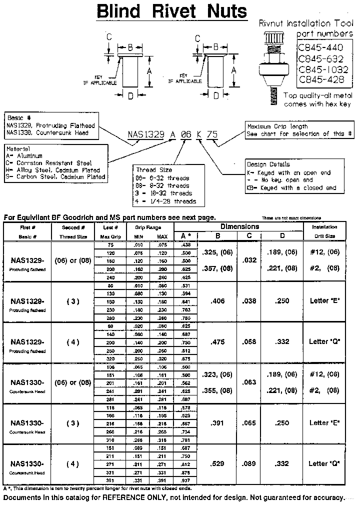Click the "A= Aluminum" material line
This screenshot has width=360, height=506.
tap(25, 156)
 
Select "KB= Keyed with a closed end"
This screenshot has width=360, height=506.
tap(291, 188)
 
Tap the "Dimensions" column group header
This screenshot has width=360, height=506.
tap(240, 226)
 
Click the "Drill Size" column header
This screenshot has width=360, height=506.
tap(324, 236)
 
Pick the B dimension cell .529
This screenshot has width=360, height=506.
tap(217, 463)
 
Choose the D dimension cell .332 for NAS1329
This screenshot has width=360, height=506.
tap(282, 342)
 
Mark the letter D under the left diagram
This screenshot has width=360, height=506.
tap(130, 95)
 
